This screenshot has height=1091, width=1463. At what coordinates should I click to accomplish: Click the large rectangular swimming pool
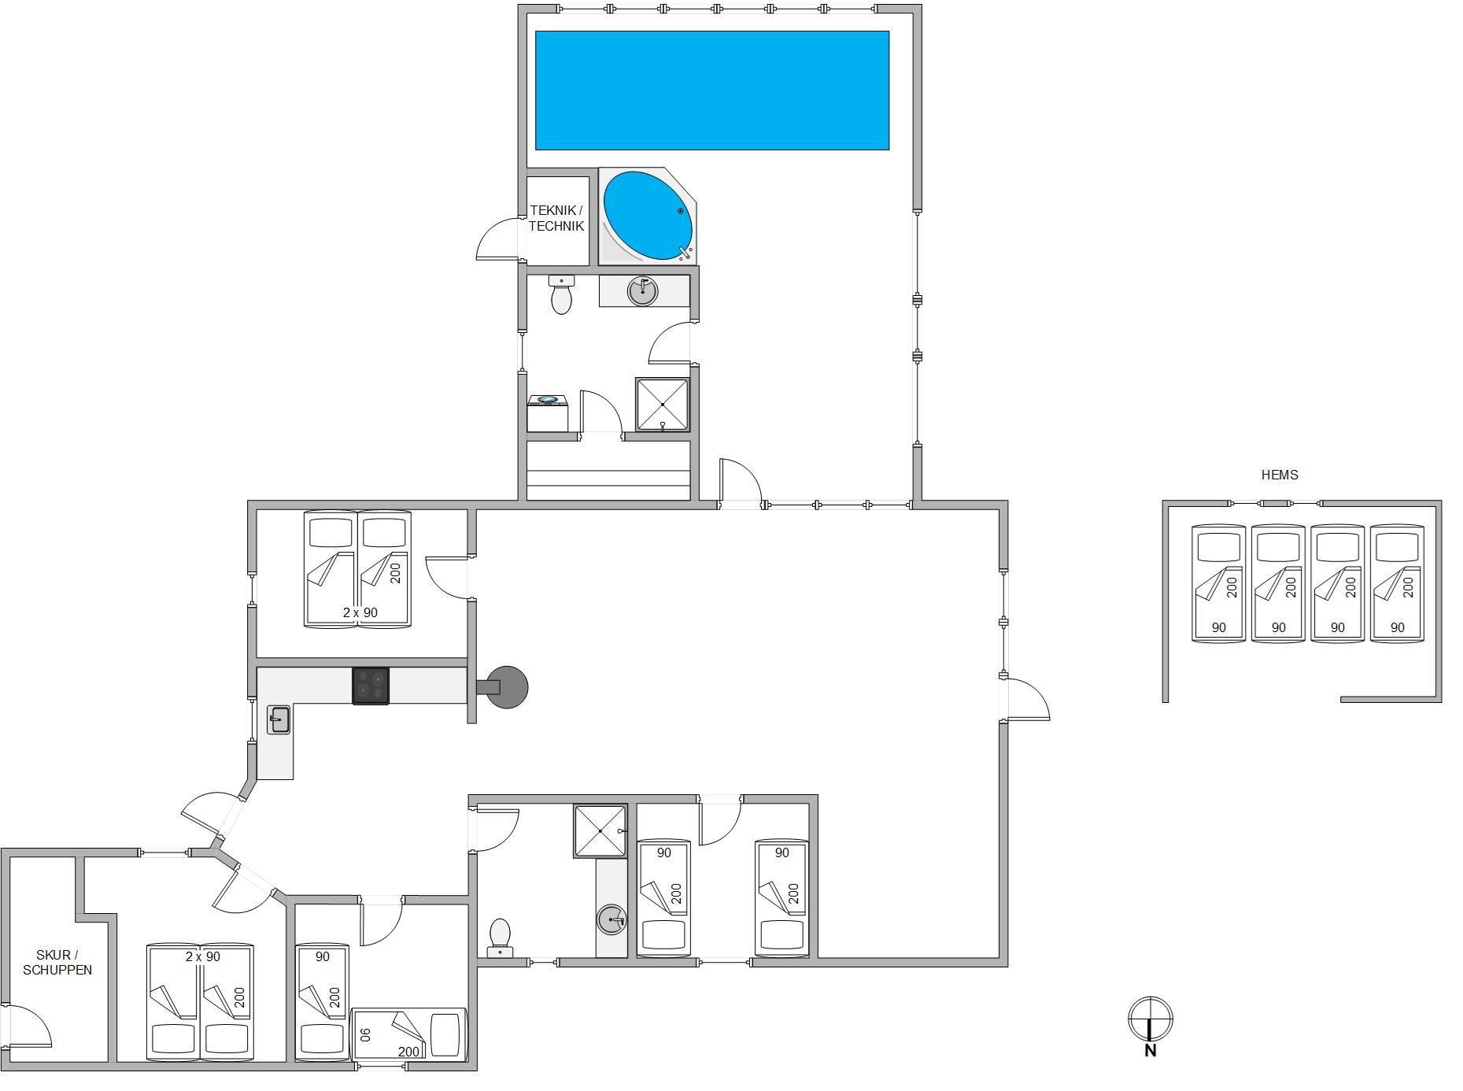tap(712, 91)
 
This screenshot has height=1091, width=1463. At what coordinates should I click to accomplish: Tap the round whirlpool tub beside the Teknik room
tap(648, 216)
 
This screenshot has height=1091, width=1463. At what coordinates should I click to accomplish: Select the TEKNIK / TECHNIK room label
tap(556, 218)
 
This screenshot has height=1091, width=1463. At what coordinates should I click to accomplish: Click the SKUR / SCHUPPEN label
tap(57, 962)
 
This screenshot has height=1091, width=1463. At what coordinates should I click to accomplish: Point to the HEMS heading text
tap(1280, 475)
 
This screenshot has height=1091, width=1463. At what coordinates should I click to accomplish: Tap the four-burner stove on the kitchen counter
tap(371, 686)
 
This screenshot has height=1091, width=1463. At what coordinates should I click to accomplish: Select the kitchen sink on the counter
tap(279, 719)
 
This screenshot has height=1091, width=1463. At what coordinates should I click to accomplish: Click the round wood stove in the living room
tap(506, 687)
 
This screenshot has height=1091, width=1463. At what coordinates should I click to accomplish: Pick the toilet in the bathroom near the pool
tap(561, 294)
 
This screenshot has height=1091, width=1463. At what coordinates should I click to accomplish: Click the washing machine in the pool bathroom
tap(548, 413)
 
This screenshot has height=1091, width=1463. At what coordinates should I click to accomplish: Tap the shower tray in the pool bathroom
tap(663, 405)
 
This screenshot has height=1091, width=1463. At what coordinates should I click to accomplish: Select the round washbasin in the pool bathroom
tap(643, 291)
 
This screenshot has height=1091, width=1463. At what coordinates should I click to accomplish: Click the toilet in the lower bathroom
tap(500, 938)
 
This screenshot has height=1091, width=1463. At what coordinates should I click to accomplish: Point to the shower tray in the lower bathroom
tap(600, 830)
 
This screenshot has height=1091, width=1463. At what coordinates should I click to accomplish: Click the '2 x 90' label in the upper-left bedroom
tap(360, 612)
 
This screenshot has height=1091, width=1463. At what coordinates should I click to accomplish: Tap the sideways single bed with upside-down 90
tap(409, 1033)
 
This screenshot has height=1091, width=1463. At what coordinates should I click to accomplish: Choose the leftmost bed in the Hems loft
tap(1219, 583)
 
